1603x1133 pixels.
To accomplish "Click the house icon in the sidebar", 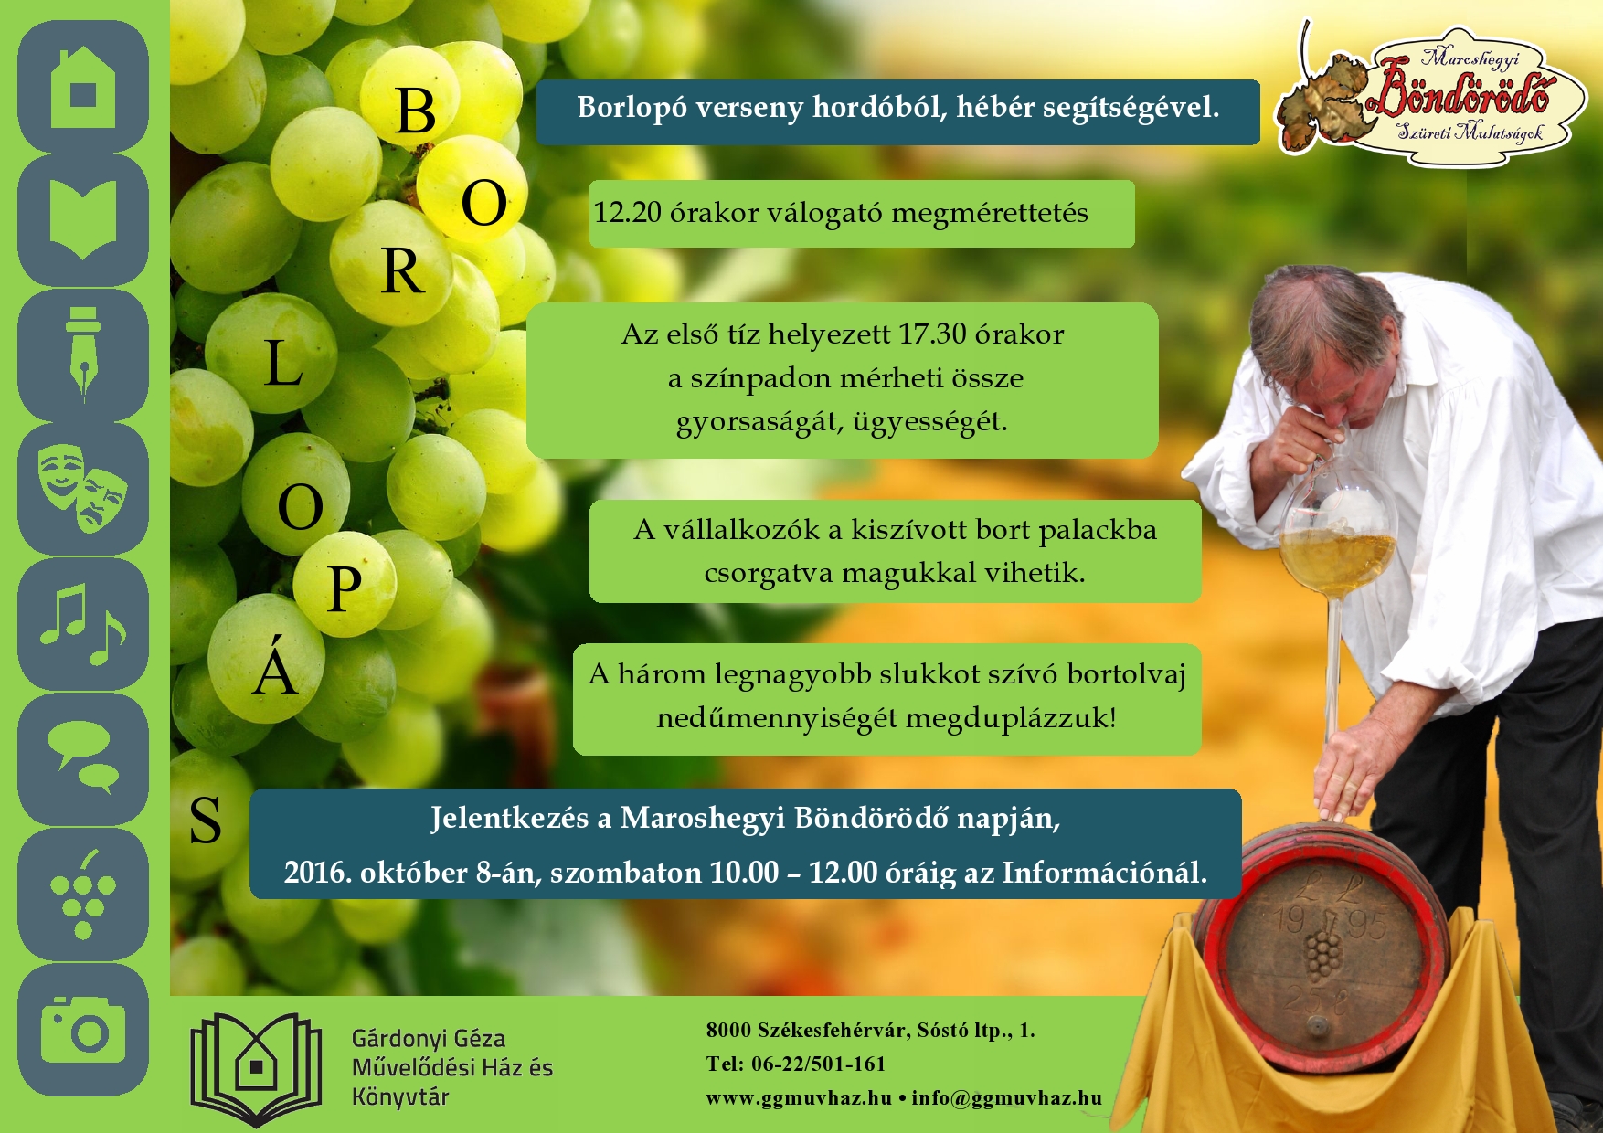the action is (83, 87).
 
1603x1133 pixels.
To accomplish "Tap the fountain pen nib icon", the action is (82, 355).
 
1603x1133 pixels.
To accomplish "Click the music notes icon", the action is (83, 623).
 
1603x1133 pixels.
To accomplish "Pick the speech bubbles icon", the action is (83, 757).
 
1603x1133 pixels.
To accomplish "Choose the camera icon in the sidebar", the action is (82, 1029).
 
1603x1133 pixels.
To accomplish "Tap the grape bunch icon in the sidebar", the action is (83, 894).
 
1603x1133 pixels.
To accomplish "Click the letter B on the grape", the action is (416, 112).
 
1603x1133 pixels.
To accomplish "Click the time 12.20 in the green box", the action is (627, 213).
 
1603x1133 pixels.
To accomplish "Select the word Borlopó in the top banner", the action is (632, 109).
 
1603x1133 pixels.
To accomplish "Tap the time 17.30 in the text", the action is (932, 334).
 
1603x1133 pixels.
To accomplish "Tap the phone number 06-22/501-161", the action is (818, 1064).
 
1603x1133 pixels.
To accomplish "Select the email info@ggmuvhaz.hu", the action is (1006, 1098).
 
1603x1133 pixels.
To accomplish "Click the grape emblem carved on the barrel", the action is (1321, 950).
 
